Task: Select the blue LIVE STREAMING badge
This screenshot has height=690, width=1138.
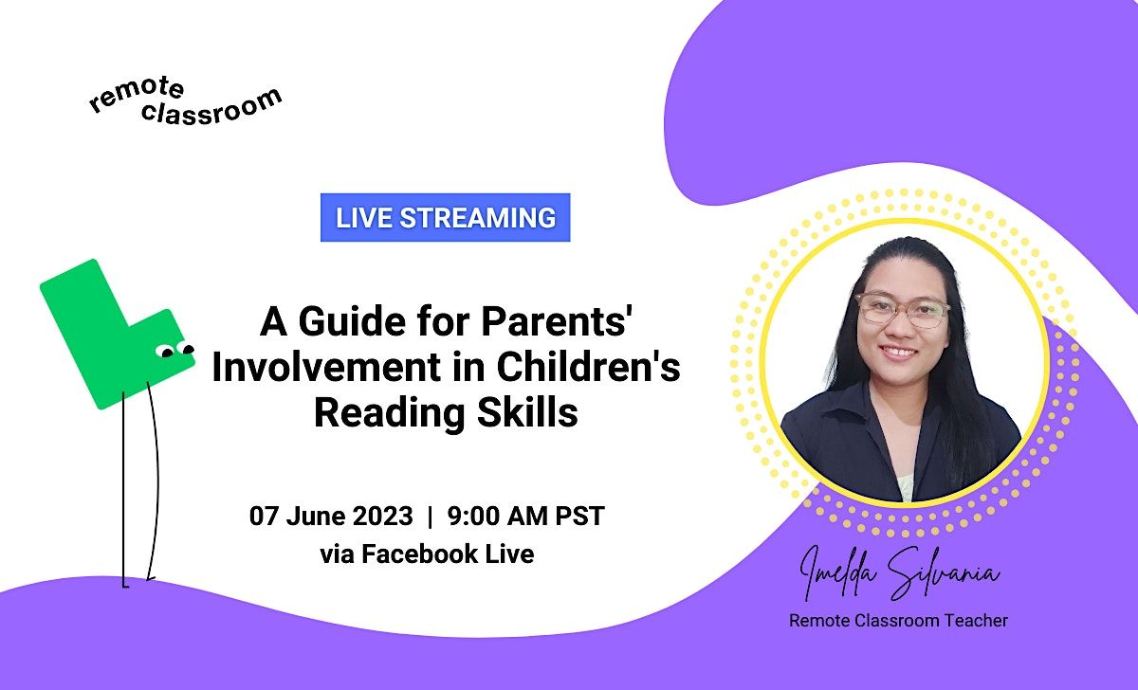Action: (x=445, y=217)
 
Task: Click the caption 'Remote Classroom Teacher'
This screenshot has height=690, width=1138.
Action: (x=898, y=621)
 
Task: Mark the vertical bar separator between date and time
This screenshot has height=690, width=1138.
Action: (x=431, y=517)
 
